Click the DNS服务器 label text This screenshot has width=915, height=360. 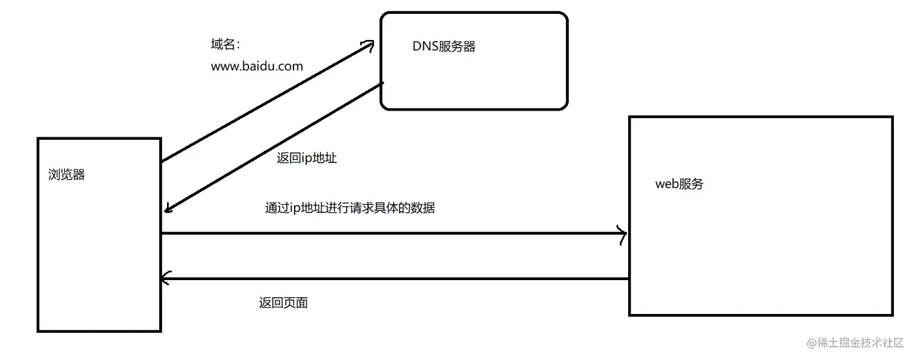coord(444,47)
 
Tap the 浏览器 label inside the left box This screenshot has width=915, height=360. coord(67,175)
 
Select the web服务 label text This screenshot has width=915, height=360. coord(679,184)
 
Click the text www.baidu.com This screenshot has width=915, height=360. coord(257,67)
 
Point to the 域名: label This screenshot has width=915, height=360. coord(225,45)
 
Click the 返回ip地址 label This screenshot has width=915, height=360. coord(306,159)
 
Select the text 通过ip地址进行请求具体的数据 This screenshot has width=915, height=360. coord(350,208)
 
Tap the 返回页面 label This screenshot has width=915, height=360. coord(283,303)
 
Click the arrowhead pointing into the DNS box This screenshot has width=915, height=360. coord(368,46)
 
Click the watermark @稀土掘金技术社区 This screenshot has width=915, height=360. coord(854,342)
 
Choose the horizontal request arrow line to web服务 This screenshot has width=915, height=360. coord(393,234)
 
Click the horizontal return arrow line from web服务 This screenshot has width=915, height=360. coord(393,279)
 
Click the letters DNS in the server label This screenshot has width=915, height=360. coord(425,47)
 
